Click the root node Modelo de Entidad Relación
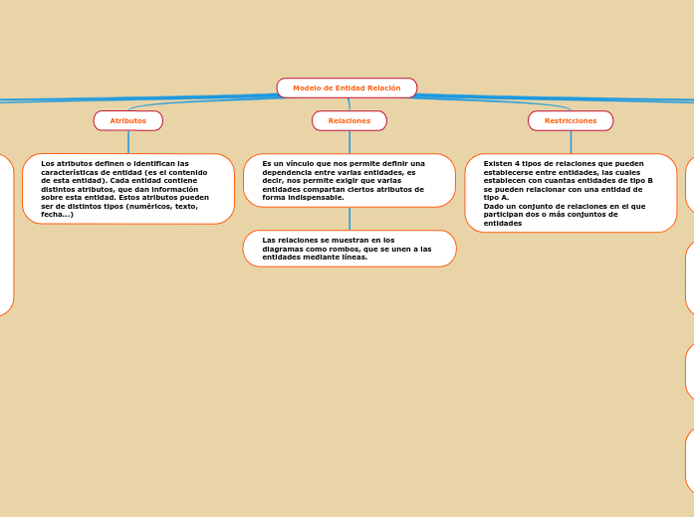tap(347, 88)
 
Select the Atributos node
tap(127, 120)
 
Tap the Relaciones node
tap(348, 120)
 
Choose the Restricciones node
tap(571, 120)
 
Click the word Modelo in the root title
tap(307, 88)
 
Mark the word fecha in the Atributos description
tap(52, 215)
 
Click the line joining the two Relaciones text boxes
tap(349, 219)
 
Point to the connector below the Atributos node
tap(128, 142)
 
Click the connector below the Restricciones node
tap(571, 142)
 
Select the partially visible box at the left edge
tap(6, 235)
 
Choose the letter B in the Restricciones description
tap(649, 180)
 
